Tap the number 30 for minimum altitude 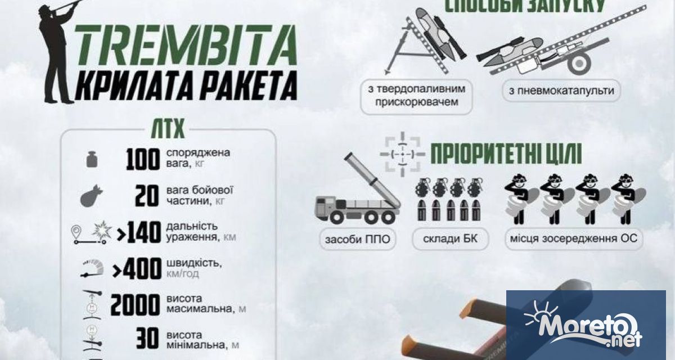coord(147,339)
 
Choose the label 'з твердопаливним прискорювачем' coord(415,96)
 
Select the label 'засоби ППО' coord(357,238)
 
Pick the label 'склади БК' coord(449,238)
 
